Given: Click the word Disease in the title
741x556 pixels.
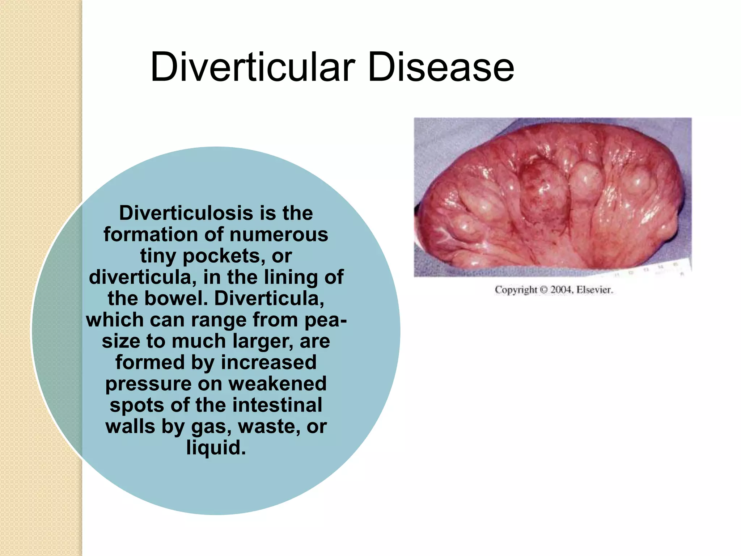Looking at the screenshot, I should pos(441,67).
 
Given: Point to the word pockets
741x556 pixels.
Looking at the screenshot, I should pos(221,256).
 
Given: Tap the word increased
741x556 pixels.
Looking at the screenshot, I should pos(268,362).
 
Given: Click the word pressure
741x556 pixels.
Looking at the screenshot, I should pos(148,384).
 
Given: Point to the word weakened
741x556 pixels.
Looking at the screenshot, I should pos(277,384).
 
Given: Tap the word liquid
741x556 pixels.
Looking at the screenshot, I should pos(216,448).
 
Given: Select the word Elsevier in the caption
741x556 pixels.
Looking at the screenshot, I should pos(594,290).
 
